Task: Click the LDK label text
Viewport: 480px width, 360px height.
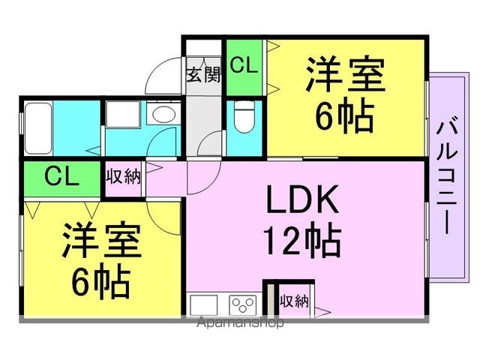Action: click(302, 199)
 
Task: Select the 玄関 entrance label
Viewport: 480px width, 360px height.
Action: click(204, 74)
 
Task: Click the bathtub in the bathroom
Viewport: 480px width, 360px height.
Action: click(38, 128)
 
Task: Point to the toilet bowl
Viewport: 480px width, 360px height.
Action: click(244, 117)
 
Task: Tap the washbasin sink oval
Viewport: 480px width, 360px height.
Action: click(163, 115)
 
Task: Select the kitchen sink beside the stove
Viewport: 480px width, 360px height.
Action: click(203, 305)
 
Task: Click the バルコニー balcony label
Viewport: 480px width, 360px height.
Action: click(447, 178)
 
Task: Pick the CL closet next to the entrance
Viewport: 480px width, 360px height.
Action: click(244, 68)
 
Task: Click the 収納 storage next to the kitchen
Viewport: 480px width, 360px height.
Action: click(295, 301)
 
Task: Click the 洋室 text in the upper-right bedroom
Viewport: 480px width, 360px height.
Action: click(345, 74)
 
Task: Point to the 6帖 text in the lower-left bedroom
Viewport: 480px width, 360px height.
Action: click(101, 283)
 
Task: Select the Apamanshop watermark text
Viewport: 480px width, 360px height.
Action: click(240, 322)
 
